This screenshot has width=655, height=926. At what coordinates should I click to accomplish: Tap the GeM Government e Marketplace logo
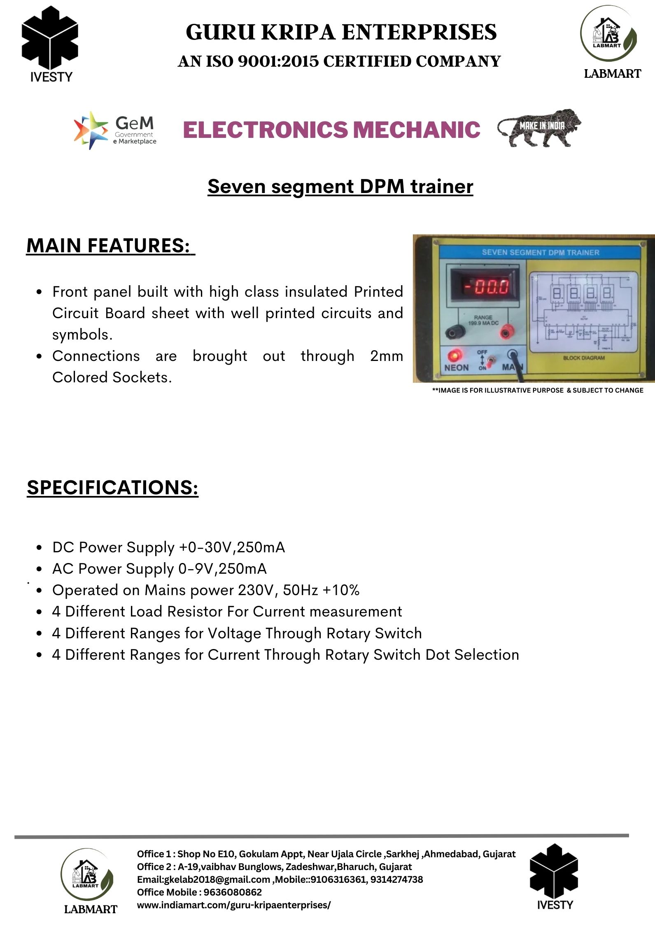[115, 130]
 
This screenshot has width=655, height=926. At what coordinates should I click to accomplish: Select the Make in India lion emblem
[539, 128]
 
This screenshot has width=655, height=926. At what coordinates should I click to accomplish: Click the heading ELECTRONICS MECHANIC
[331, 130]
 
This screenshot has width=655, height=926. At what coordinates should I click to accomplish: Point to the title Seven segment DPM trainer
[340, 186]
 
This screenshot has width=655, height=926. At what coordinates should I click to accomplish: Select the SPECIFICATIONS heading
[112, 488]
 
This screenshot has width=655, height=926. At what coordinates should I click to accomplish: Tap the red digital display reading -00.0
[486, 286]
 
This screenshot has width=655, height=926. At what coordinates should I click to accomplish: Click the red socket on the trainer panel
[505, 332]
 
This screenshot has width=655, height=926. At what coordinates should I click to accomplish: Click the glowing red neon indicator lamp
[455, 354]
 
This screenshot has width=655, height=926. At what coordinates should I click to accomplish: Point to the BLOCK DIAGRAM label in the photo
[583, 358]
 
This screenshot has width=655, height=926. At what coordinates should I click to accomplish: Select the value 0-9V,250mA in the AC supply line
[222, 569]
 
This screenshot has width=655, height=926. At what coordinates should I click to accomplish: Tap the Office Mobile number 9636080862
[233, 892]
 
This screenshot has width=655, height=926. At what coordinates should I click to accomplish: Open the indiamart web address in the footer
[233, 905]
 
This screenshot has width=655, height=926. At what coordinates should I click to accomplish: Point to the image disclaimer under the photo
[537, 390]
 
